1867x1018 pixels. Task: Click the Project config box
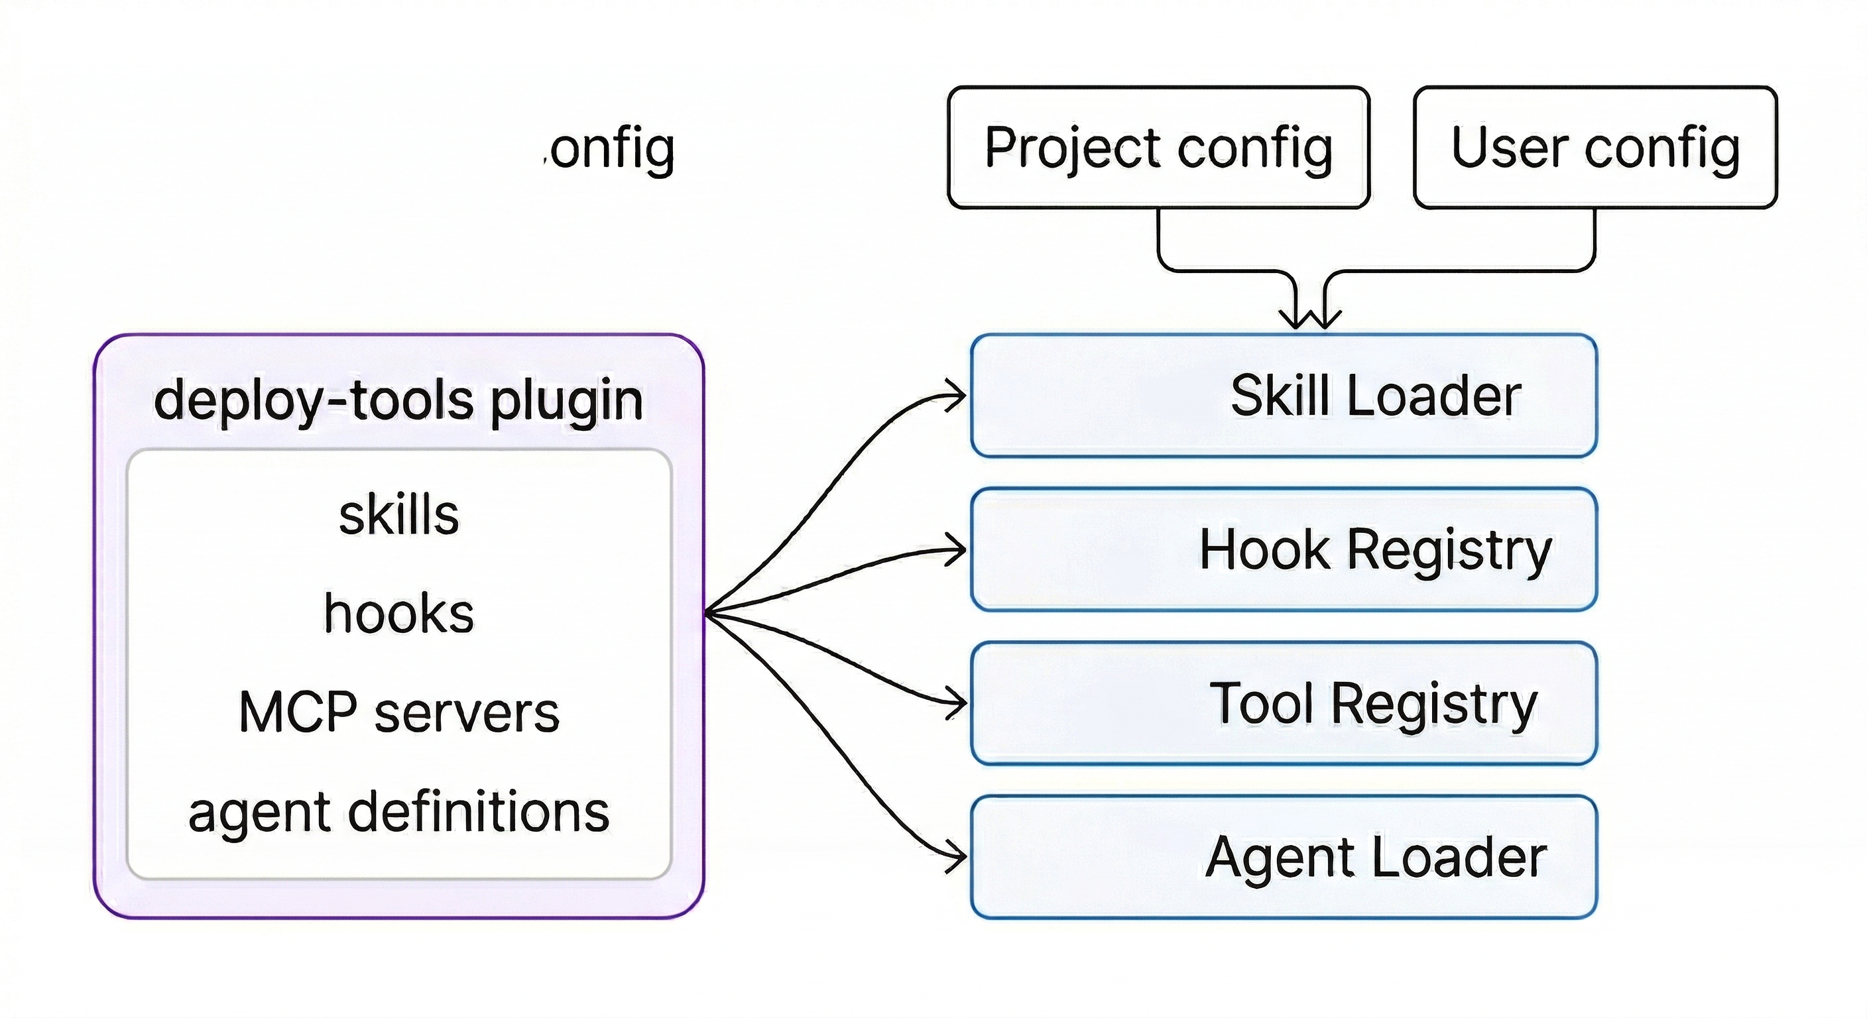[x=1158, y=147]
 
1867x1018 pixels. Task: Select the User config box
[x=1595, y=147]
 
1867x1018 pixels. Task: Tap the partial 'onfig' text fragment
[x=611, y=148]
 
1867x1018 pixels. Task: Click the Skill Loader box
[x=1283, y=396]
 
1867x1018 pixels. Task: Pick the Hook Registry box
[x=1283, y=549]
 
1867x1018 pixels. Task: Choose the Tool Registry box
[x=1283, y=703]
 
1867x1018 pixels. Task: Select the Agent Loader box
[x=1283, y=857]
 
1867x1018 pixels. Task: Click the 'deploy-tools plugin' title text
[x=398, y=399]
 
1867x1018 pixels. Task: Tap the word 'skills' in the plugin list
[x=398, y=514]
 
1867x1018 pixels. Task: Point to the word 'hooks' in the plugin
[x=398, y=613]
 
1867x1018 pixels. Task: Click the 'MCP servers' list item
[x=398, y=712]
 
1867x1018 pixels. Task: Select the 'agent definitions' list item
[x=398, y=811]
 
